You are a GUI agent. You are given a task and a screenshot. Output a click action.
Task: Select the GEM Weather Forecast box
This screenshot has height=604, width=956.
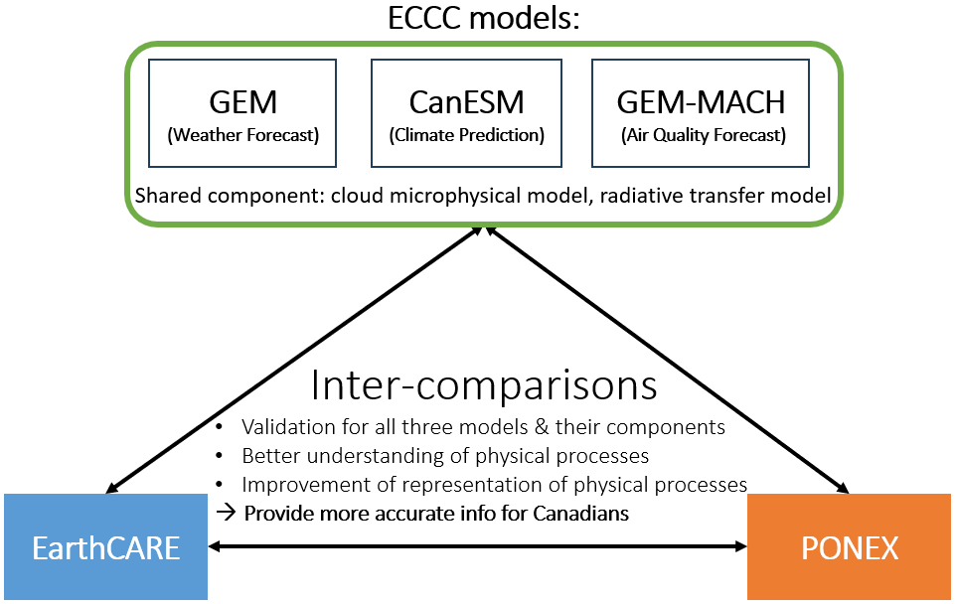(x=242, y=113)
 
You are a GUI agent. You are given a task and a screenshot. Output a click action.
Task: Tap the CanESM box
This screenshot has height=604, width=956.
(x=466, y=113)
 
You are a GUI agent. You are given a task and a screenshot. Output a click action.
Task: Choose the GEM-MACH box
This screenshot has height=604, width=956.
(x=701, y=113)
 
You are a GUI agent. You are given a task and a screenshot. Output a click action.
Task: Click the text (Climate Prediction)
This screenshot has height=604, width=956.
(x=466, y=134)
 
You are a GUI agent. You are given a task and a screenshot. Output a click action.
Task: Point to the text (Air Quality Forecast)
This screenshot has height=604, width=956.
(x=701, y=134)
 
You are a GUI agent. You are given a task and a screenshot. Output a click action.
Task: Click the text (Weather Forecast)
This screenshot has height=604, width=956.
(x=242, y=134)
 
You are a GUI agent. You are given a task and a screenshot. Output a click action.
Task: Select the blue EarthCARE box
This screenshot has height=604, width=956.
(x=104, y=546)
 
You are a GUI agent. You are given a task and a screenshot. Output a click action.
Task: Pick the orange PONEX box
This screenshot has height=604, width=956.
(x=849, y=546)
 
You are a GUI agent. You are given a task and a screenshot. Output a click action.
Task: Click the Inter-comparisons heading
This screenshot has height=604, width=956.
(x=484, y=384)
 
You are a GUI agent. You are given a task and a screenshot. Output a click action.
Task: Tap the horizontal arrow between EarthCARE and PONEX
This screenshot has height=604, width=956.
(x=477, y=545)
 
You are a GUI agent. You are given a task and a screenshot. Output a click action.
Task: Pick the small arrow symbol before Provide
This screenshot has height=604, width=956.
(x=227, y=514)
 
